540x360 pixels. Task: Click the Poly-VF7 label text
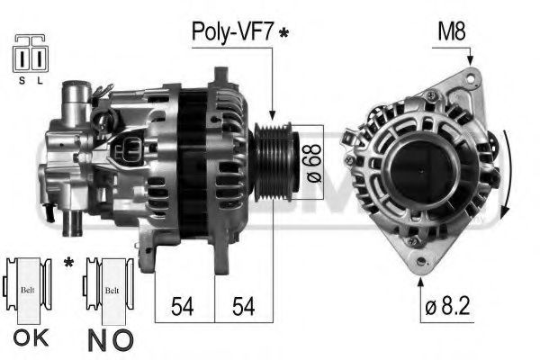coord(232,32)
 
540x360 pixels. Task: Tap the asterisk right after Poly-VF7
coord(284,34)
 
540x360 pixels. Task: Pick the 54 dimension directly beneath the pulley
coord(243,306)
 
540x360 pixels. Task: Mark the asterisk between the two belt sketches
coord(69,264)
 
